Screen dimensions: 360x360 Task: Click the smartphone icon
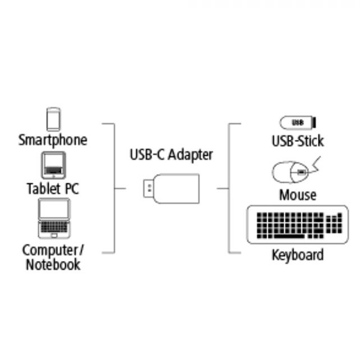pyautogui.click(x=53, y=119)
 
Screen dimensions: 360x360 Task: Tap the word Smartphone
pyautogui.click(x=53, y=140)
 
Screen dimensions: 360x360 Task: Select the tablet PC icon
pyautogui.click(x=53, y=166)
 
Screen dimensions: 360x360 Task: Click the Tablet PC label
pyautogui.click(x=53, y=189)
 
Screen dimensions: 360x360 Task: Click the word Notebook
pyautogui.click(x=53, y=265)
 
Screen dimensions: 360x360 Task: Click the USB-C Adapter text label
pyautogui.click(x=171, y=155)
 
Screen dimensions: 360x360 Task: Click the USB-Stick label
pyautogui.click(x=297, y=142)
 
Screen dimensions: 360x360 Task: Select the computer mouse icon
pyautogui.click(x=291, y=173)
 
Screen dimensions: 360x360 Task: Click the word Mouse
pyautogui.click(x=297, y=195)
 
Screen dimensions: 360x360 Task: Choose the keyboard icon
pyautogui.click(x=297, y=224)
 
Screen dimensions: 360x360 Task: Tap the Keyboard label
pyautogui.click(x=297, y=255)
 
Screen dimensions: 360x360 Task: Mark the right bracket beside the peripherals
pyautogui.click(x=230, y=188)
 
